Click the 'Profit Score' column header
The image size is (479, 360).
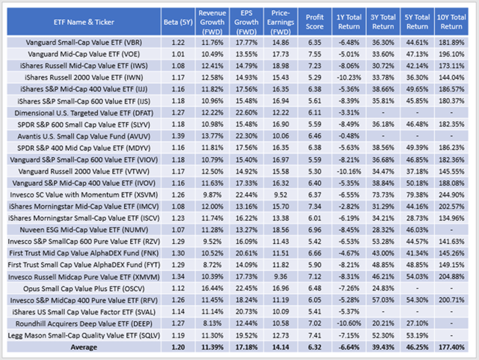click(315, 22)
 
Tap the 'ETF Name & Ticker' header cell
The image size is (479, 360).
click(82, 22)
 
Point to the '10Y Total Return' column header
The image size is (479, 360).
click(451, 22)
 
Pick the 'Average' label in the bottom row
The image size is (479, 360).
click(82, 347)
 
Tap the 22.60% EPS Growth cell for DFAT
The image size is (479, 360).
click(246, 112)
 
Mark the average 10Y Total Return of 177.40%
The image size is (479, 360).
click(451, 347)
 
